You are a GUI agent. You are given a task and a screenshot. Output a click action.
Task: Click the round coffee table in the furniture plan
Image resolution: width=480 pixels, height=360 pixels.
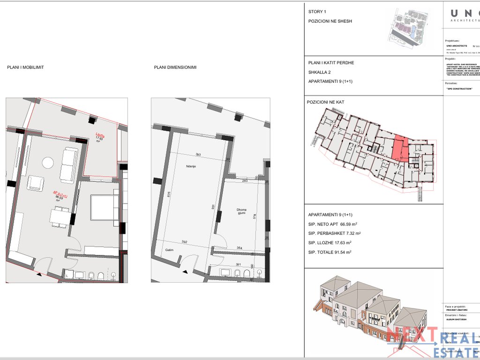pos(48,163)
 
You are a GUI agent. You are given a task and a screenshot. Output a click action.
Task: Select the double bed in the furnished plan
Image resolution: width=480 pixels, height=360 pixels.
pos(103,207)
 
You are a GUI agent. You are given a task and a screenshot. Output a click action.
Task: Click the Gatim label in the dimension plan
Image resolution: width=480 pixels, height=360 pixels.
pos(170,250)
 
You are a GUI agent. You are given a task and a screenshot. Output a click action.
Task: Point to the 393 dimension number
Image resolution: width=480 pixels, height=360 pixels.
pos(198,154)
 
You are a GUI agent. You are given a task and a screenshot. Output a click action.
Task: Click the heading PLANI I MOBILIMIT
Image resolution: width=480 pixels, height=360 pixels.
pos(25,67)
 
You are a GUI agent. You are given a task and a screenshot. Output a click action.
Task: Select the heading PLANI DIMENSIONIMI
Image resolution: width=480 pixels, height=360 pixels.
pos(175,67)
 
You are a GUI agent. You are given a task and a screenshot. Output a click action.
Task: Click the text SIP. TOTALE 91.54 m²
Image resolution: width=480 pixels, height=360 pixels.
pos(330,252)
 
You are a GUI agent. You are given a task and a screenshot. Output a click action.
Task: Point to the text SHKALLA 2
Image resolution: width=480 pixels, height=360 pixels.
pos(320,72)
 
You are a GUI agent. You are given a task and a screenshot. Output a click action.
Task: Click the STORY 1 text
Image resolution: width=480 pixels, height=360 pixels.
pos(317,12)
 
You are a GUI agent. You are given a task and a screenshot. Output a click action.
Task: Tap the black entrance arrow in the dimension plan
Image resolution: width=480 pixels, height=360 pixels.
pos(187,272)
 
